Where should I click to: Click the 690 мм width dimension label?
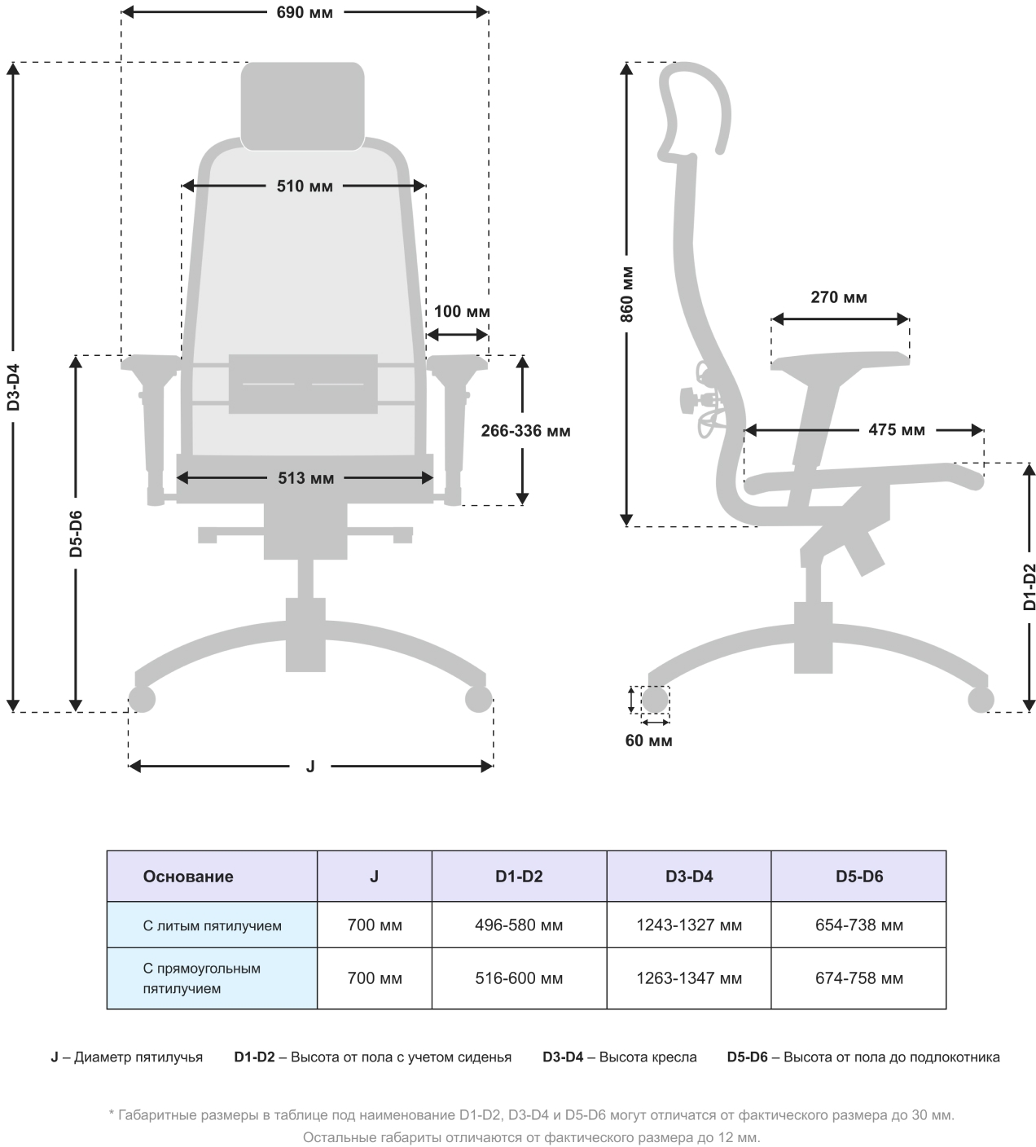click(305, 12)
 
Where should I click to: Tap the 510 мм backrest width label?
click(305, 186)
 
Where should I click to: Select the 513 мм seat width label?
click(305, 478)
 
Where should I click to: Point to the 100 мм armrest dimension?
click(461, 311)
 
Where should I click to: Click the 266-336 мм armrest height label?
click(525, 430)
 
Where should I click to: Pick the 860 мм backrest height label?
click(626, 293)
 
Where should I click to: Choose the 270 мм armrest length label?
click(838, 297)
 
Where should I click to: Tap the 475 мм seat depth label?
click(896, 429)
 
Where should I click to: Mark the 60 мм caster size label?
click(648, 740)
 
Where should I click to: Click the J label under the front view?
click(310, 767)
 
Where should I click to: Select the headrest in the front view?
click(302, 106)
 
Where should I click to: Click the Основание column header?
click(188, 877)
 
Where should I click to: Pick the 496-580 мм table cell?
click(519, 925)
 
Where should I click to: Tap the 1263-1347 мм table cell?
click(689, 978)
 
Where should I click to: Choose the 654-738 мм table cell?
click(858, 925)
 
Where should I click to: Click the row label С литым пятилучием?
click(212, 925)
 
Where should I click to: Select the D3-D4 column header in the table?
click(689, 877)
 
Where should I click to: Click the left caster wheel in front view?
click(142, 699)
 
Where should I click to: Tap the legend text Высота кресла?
click(647, 1057)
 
